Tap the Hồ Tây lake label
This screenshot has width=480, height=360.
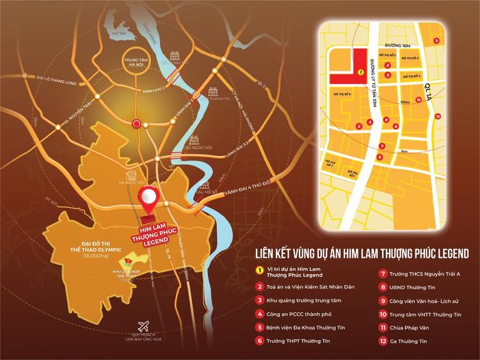(118, 32)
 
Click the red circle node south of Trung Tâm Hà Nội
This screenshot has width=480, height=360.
(136, 123)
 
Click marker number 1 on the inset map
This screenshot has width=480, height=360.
(362, 72)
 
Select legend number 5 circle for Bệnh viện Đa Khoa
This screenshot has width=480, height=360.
(260, 327)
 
